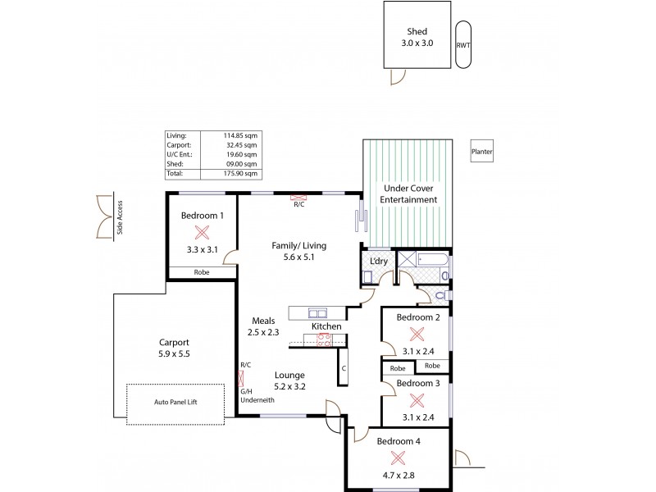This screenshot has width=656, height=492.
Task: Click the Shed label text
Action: (417, 32)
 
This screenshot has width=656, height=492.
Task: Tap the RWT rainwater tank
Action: (462, 45)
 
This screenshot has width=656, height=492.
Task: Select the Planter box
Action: (481, 152)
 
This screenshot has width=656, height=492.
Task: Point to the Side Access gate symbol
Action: (105, 217)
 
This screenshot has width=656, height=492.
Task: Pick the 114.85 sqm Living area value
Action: (240, 135)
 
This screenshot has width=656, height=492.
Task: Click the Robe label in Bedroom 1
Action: (202, 272)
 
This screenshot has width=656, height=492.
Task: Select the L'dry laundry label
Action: (378, 261)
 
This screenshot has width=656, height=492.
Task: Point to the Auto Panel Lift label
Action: (175, 403)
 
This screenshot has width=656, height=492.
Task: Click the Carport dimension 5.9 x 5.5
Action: (173, 355)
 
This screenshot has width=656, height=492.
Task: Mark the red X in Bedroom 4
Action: (399, 458)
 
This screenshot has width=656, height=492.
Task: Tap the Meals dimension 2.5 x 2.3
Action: (263, 333)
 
